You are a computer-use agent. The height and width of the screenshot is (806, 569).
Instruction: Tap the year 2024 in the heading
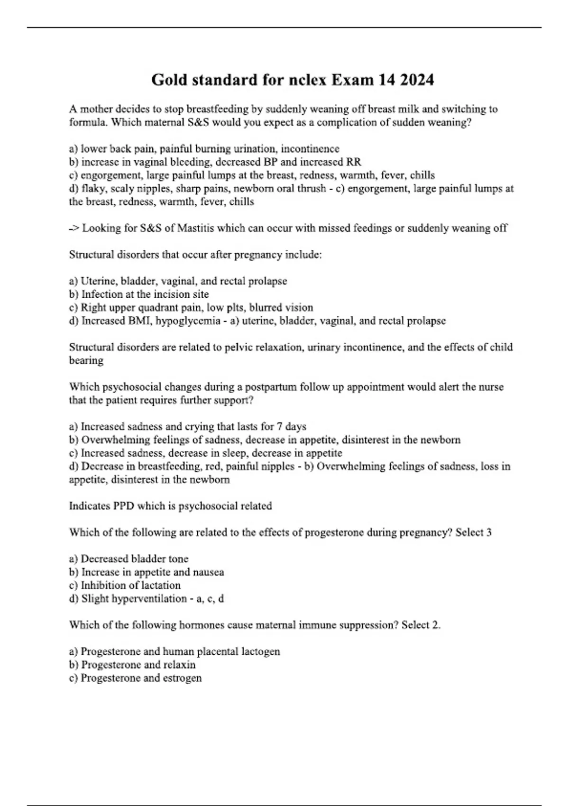point(416,80)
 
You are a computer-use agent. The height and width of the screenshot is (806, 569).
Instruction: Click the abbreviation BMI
point(139,321)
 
